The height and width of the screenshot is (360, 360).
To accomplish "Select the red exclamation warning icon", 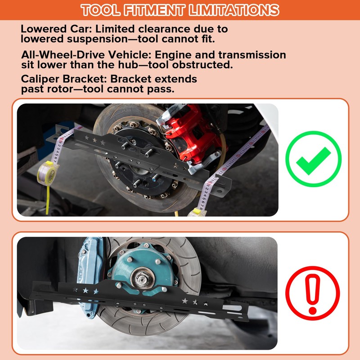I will point(313,289).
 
